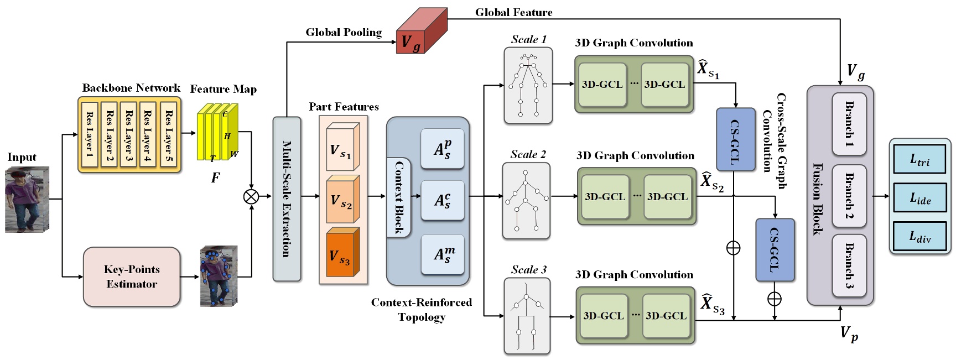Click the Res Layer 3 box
(128, 134)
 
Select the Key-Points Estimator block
(132, 276)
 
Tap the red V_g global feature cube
(419, 34)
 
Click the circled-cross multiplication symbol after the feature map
(251, 196)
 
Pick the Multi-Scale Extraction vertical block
(287, 199)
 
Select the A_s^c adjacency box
(442, 200)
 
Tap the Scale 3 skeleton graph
(527, 316)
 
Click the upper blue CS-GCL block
(735, 139)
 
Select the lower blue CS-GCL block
(775, 250)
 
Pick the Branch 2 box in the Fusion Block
(849, 196)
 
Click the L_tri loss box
(919, 160)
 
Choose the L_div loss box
(919, 236)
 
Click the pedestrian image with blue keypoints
(219, 276)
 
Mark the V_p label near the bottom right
(849, 333)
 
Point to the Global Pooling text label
(344, 33)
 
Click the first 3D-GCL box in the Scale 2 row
(605, 196)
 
